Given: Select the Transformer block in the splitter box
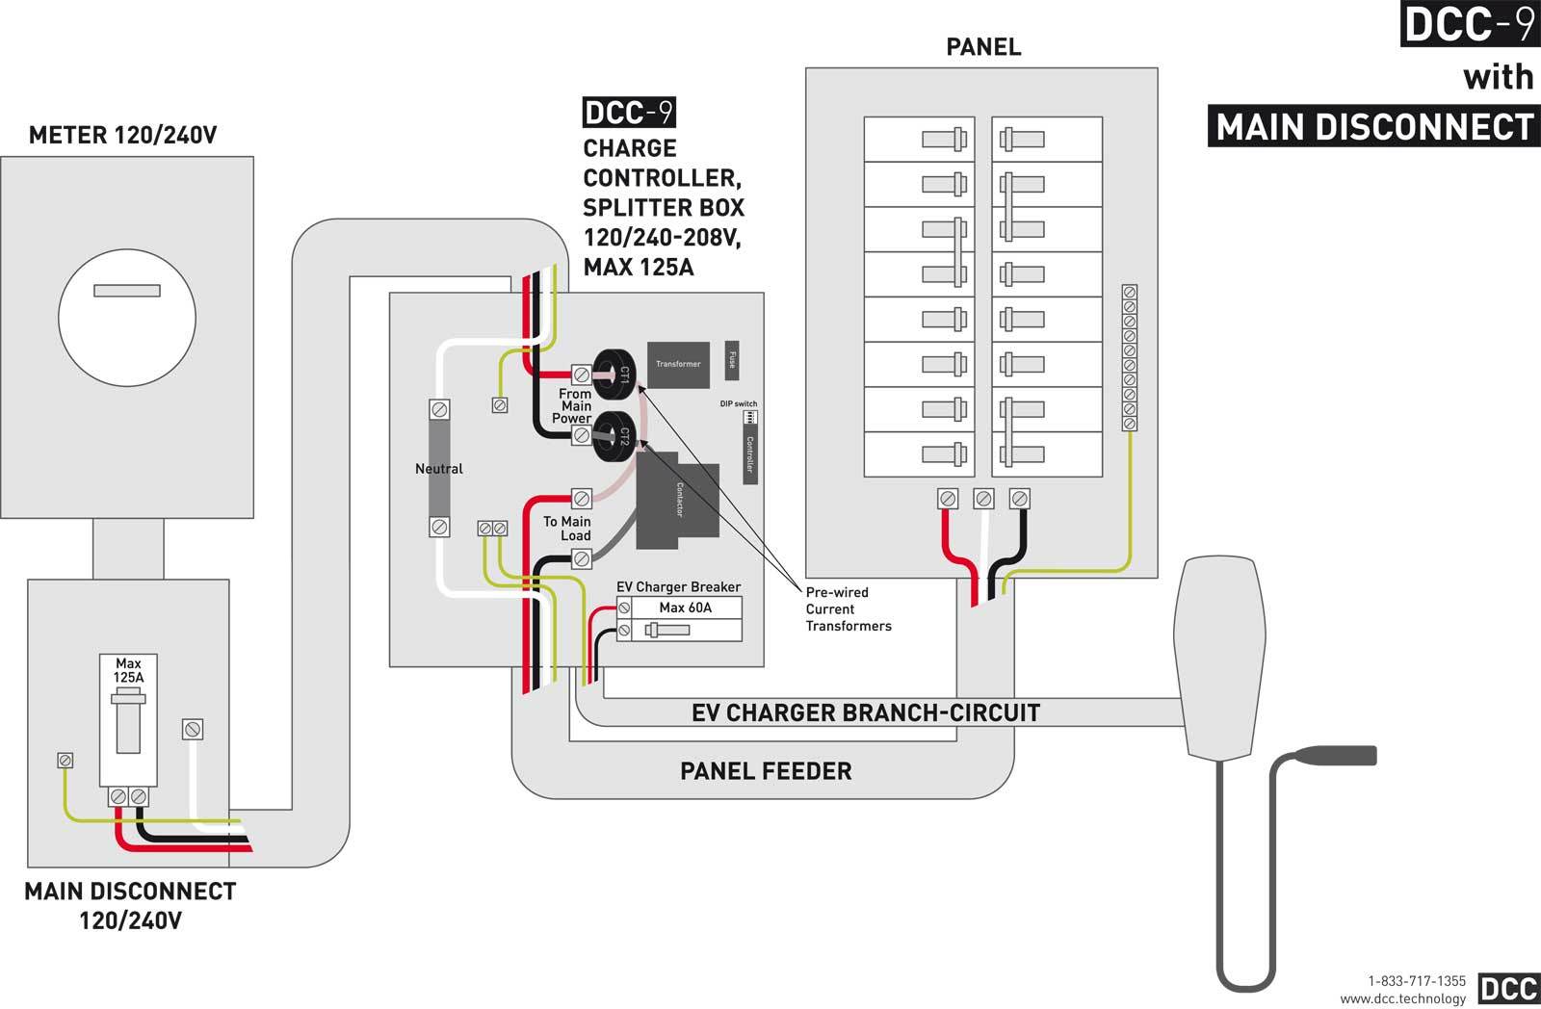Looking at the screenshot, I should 678,364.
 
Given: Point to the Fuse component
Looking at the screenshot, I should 732,359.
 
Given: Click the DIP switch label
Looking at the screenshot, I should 739,403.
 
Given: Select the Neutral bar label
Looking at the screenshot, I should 439,469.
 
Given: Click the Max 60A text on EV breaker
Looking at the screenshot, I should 685,608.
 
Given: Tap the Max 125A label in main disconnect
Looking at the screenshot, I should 128,670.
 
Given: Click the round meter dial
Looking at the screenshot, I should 127,317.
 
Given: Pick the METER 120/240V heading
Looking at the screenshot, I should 123,135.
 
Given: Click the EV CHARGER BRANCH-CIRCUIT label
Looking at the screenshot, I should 866,713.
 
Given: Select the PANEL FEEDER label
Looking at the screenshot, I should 766,771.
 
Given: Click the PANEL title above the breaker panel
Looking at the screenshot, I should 983,47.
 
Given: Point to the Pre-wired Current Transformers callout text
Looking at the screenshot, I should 848,609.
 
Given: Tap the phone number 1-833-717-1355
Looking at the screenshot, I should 1417,981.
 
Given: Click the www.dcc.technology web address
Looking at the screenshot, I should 1402,998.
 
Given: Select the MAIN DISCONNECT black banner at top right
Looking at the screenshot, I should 1373,127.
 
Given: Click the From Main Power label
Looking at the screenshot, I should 575,405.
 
